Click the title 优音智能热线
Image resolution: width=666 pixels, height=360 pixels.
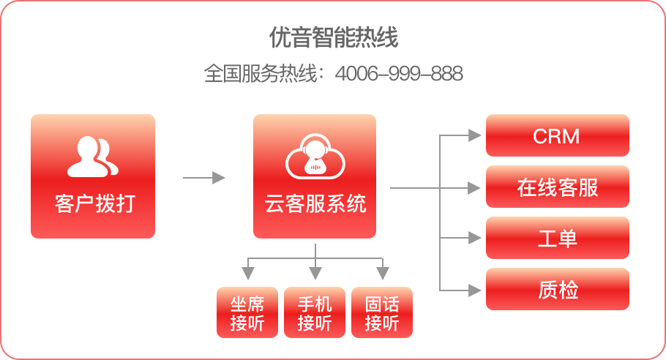point(333,38)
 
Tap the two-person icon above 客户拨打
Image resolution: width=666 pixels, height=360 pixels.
point(93,157)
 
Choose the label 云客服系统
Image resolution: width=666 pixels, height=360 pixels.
point(315,203)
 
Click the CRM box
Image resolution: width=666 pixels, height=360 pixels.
point(557,135)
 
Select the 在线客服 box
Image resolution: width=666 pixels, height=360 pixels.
point(557,187)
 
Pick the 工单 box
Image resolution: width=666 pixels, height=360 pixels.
point(557,239)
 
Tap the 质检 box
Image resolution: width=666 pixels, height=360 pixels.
point(557,290)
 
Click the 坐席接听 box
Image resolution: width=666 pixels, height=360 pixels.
point(247,312)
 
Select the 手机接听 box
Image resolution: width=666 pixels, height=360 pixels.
point(315,312)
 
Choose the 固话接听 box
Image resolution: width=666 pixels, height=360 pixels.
point(381,312)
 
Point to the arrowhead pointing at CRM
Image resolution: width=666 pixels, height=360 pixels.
point(475,135)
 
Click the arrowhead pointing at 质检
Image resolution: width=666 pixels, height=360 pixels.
point(475,290)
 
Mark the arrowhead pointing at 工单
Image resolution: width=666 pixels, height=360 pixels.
point(475,239)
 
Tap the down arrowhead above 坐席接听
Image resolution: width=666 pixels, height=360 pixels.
point(248,274)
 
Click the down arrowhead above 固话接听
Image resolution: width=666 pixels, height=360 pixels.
point(382,274)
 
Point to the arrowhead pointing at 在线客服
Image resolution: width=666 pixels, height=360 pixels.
point(475,188)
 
